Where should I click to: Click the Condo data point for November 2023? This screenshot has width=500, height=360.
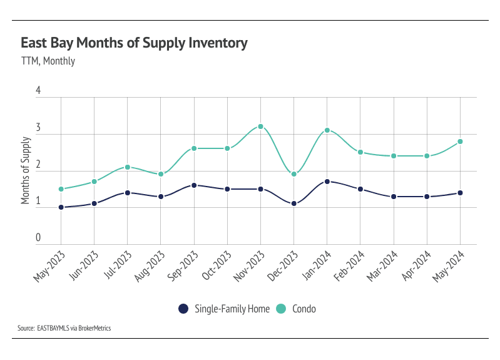[x=260, y=126]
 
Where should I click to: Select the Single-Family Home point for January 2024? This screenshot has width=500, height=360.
[x=327, y=182]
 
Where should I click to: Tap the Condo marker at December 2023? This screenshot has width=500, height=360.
[x=293, y=174]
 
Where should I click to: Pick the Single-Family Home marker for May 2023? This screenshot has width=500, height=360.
[x=61, y=207]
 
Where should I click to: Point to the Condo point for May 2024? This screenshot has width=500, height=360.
[x=460, y=141]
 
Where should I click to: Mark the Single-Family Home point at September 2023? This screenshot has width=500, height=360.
[x=194, y=185]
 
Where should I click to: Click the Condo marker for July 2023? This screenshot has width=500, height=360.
[x=128, y=167]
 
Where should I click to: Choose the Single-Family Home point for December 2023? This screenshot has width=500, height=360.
[x=293, y=203]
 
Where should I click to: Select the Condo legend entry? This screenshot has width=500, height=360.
[x=298, y=309]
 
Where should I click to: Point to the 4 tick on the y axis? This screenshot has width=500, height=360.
[x=38, y=91]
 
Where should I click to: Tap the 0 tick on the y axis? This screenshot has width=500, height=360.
[x=38, y=238]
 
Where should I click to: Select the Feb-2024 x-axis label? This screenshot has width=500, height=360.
[x=349, y=265]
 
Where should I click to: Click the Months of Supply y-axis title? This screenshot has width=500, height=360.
[x=26, y=170]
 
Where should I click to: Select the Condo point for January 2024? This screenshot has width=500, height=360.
[x=327, y=130]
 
